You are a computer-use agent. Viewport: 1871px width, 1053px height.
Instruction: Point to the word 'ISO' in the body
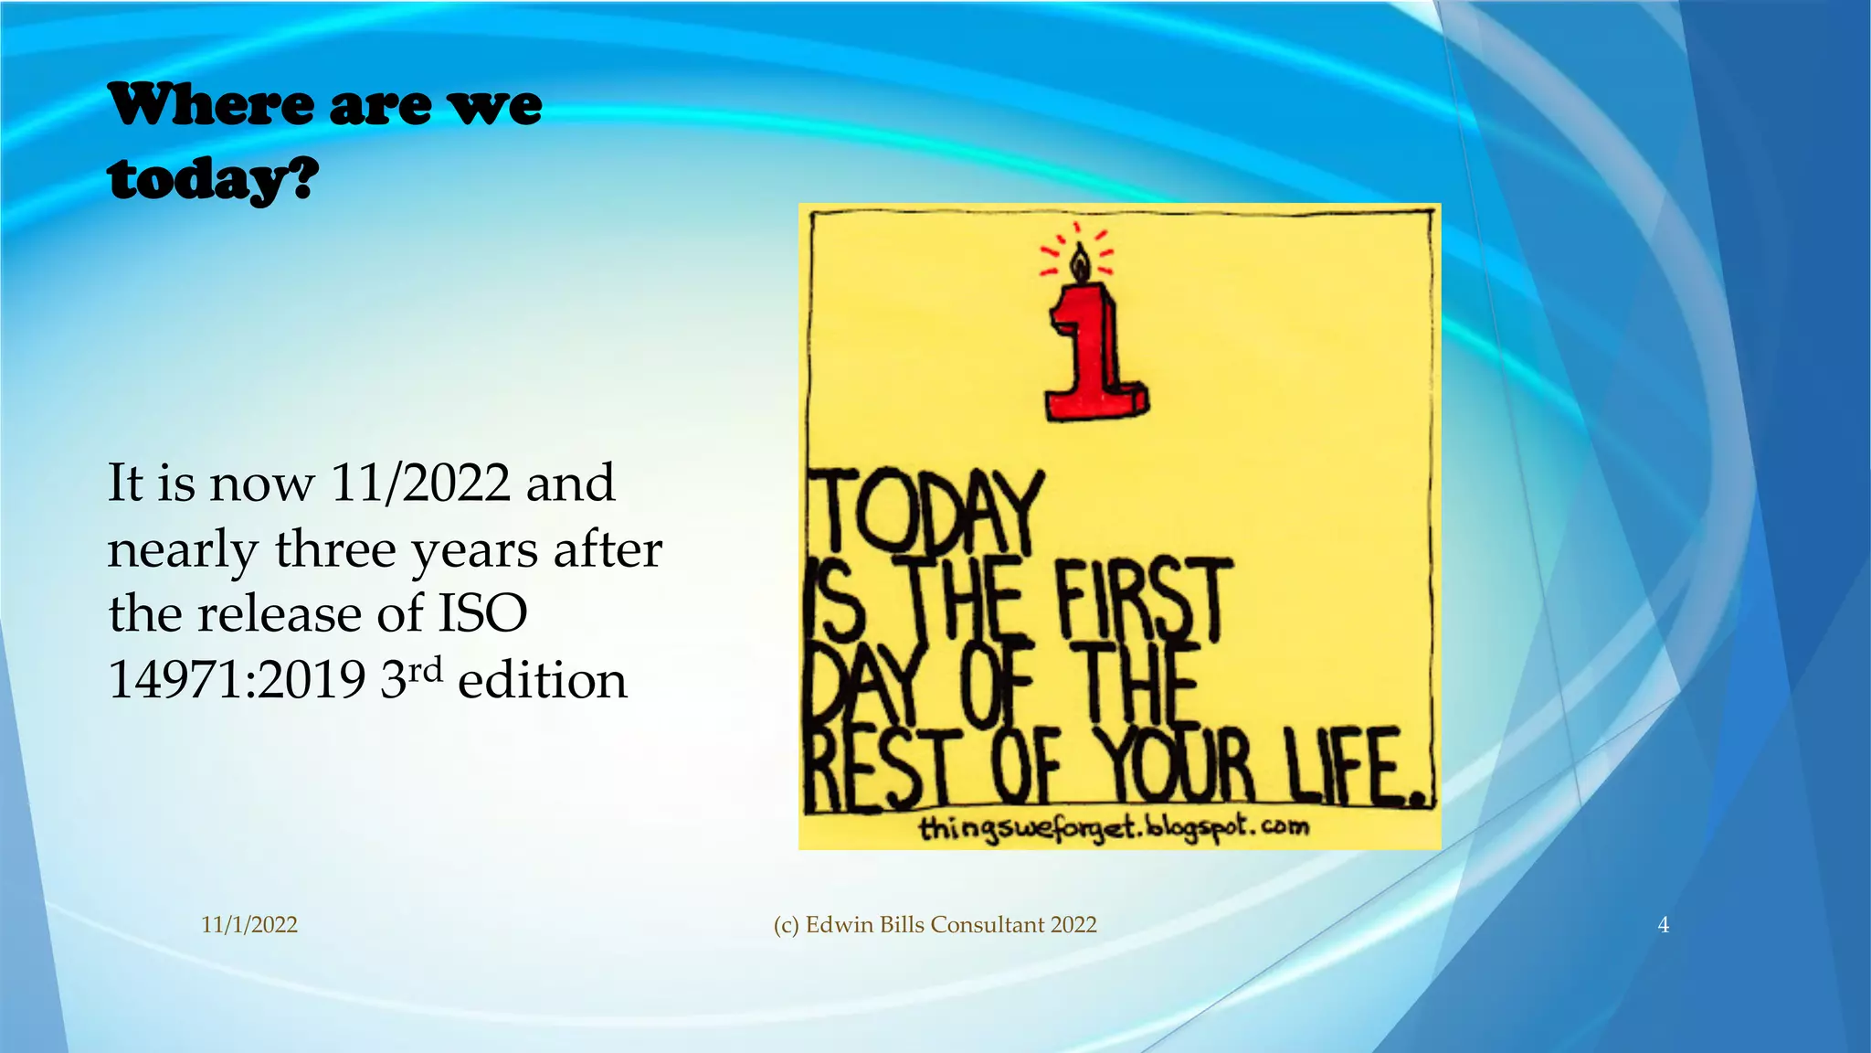click(482, 613)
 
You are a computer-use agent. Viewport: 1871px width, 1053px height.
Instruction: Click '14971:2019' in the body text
click(237, 680)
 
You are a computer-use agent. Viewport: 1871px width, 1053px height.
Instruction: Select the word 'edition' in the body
click(542, 681)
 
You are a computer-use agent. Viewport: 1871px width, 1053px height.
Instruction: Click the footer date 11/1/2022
click(249, 925)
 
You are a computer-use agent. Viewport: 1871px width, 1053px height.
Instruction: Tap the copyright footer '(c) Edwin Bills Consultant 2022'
click(935, 925)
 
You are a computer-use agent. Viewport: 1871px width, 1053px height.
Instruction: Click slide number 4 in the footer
click(1663, 925)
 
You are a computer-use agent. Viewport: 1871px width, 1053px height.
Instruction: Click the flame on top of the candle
click(1080, 262)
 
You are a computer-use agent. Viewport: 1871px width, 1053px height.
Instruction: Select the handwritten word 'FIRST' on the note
click(1142, 601)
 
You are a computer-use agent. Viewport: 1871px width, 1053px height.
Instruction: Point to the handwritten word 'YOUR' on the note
click(1178, 768)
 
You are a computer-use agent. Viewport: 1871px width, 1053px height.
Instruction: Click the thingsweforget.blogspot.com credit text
click(1114, 828)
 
